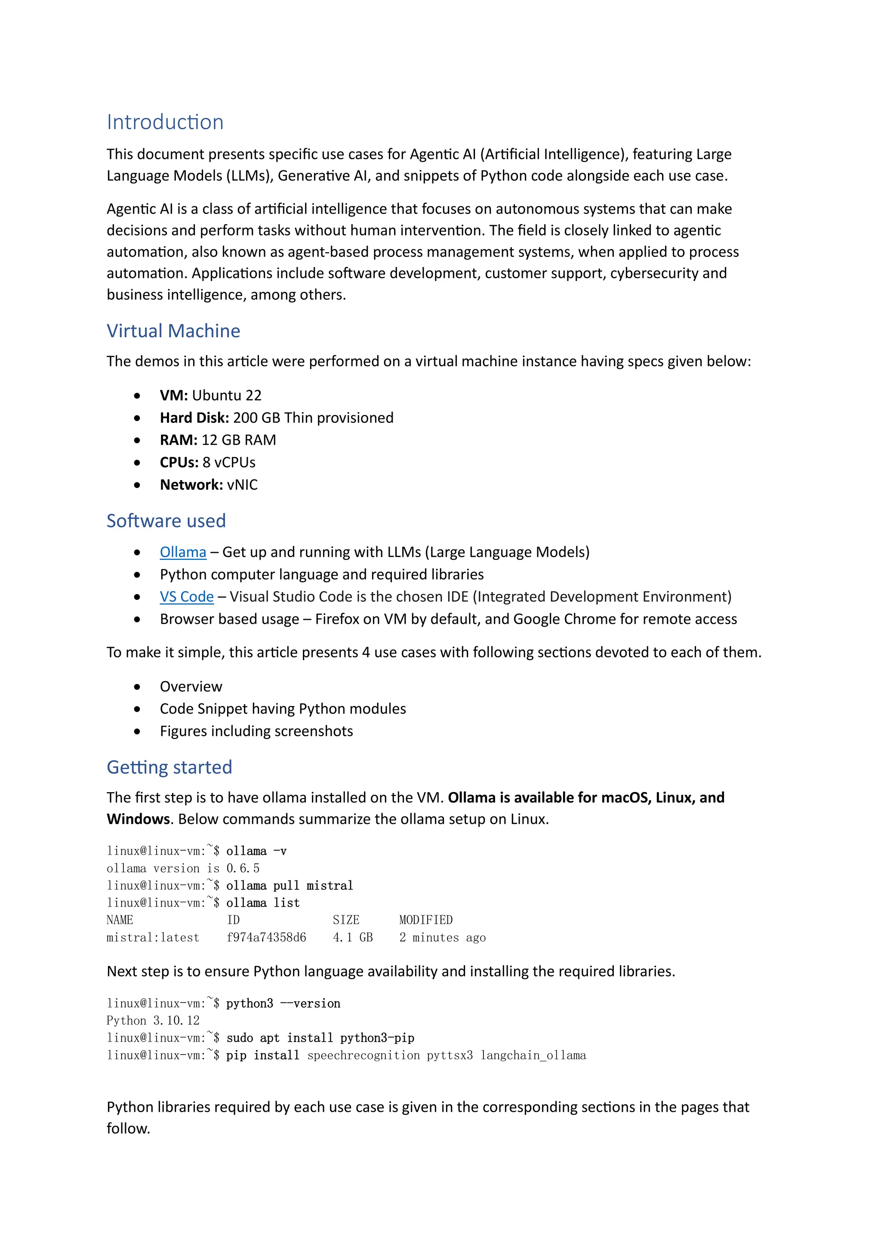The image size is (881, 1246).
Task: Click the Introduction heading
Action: click(165, 122)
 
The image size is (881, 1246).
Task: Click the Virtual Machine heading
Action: click(173, 330)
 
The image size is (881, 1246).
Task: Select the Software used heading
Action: click(166, 521)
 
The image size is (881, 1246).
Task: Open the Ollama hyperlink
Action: click(183, 552)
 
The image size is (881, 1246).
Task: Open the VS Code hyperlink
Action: click(187, 596)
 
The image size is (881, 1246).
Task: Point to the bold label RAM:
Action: click(179, 440)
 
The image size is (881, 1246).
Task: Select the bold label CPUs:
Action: click(179, 463)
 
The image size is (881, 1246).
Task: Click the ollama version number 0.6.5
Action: click(243, 868)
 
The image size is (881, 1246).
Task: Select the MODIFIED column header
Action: click(426, 920)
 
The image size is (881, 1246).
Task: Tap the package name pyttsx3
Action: click(450, 1055)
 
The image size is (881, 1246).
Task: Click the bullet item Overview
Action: click(191, 687)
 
